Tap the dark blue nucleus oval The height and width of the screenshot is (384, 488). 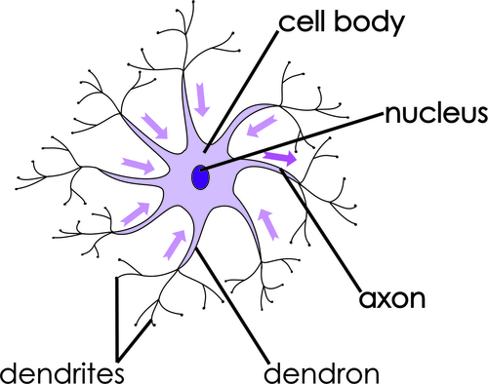(200, 178)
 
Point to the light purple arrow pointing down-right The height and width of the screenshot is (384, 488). (154, 125)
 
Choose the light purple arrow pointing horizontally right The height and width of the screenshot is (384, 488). (136, 166)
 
